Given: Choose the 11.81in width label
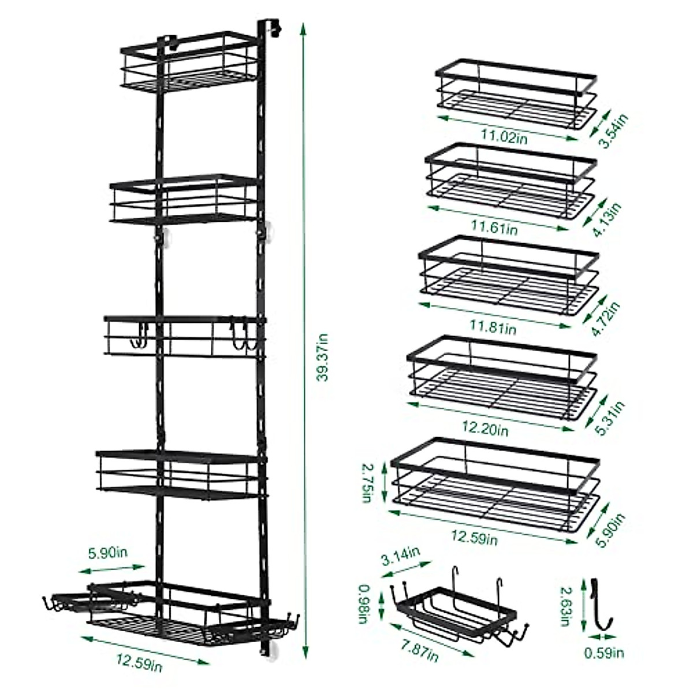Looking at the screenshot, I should pyautogui.click(x=496, y=329).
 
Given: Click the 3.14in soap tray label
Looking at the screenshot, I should pyautogui.click(x=402, y=558).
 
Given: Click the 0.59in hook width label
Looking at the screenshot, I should pyautogui.click(x=603, y=653).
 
